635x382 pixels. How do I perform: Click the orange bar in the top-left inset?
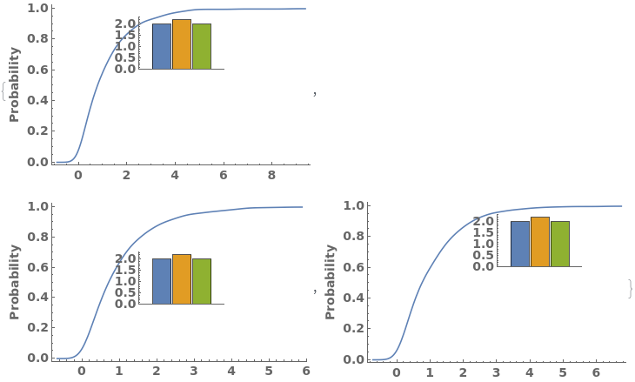click(x=181, y=44)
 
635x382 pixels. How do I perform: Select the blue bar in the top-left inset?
click(x=161, y=46)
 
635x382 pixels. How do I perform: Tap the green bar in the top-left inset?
click(x=201, y=46)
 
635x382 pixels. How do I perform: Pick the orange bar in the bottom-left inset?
click(x=181, y=279)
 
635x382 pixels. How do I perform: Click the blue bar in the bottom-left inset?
click(x=161, y=281)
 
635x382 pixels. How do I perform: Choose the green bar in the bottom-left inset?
click(x=201, y=281)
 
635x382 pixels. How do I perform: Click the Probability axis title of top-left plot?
click(x=14, y=84)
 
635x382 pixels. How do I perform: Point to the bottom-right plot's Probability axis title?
click(x=331, y=281)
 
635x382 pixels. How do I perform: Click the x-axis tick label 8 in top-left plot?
click(x=271, y=176)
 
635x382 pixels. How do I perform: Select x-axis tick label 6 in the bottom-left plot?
click(x=306, y=371)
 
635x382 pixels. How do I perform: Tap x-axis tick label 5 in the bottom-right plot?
click(x=563, y=372)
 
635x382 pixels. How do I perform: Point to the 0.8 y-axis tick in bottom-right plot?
click(x=353, y=237)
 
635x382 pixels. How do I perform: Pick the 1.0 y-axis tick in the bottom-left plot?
click(x=37, y=206)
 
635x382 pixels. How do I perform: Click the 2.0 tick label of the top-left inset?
click(x=126, y=23)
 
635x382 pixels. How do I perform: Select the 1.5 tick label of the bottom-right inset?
click(x=485, y=232)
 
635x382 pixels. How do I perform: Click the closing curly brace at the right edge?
click(x=630, y=288)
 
